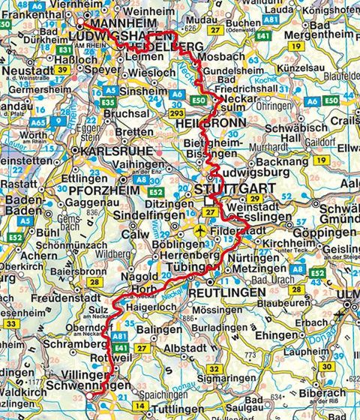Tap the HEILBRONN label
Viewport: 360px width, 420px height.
[214, 124]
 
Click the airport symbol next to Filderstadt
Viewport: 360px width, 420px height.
[199, 231]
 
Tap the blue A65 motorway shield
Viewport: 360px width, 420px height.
[37, 119]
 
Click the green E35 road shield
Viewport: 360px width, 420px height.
[108, 101]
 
